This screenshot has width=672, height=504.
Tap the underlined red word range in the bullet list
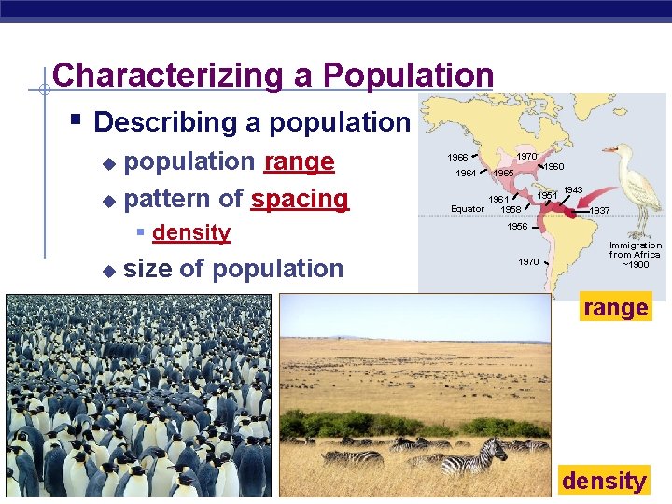[299, 161]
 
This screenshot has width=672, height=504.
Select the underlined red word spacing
[299, 199]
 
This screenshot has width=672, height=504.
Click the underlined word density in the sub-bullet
[191, 232]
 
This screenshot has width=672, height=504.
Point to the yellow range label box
[615, 307]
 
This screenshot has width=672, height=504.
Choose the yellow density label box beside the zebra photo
[604, 481]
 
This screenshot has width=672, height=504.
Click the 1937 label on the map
[599, 211]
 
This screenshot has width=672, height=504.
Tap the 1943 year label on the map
[572, 190]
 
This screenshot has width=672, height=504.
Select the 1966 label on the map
[457, 157]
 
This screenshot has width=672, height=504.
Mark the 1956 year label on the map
[516, 227]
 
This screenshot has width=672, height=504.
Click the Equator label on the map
[468, 209]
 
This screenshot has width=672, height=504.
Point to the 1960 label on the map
[553, 167]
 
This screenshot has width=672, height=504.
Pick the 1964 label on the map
[466, 173]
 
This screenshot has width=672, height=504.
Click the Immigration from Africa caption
[635, 254]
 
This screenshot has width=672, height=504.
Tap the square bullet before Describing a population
[77, 120]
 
